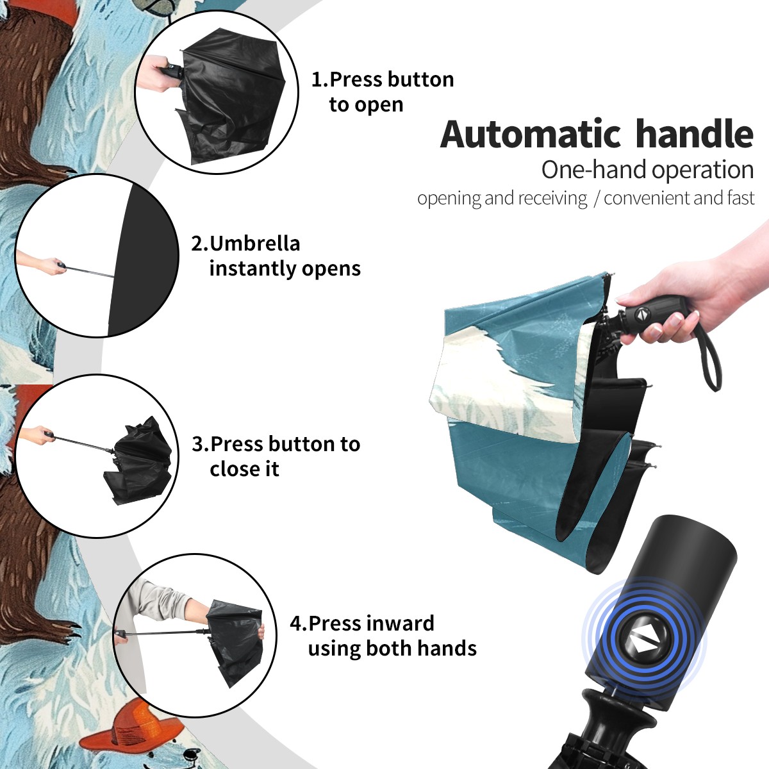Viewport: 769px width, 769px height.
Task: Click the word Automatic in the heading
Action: click(x=531, y=135)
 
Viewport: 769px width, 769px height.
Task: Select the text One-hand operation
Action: click(x=647, y=170)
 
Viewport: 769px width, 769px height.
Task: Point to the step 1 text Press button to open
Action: click(x=383, y=92)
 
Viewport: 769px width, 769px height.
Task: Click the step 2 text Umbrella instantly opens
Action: click(x=276, y=256)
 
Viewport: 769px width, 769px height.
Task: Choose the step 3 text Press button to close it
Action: click(x=276, y=456)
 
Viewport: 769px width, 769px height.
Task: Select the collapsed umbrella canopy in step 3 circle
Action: click(x=140, y=460)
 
